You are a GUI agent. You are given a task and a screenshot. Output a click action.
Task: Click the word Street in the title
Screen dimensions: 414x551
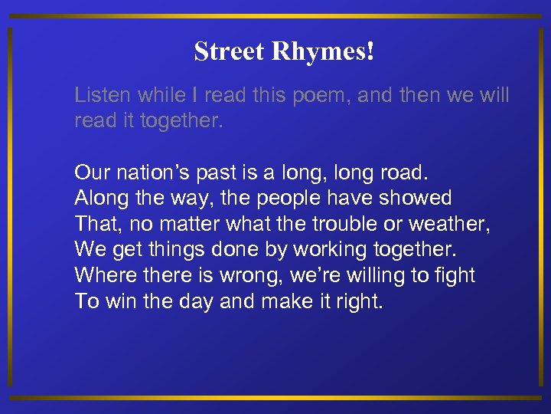(221, 52)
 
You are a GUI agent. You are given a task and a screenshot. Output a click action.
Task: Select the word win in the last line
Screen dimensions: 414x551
(117, 301)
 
